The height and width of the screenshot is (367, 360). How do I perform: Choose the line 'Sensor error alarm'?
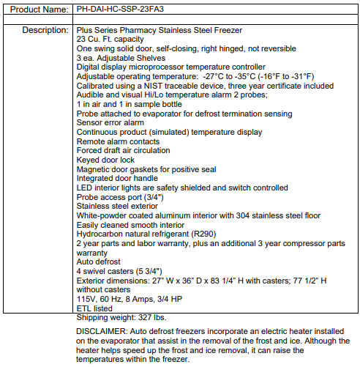pos(110,122)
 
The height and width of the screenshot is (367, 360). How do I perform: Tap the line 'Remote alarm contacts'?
pos(119,141)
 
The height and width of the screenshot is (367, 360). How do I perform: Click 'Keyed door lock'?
pos(106,160)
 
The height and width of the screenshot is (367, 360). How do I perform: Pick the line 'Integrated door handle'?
pos(118,178)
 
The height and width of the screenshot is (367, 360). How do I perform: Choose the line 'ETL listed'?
pos(96,308)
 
